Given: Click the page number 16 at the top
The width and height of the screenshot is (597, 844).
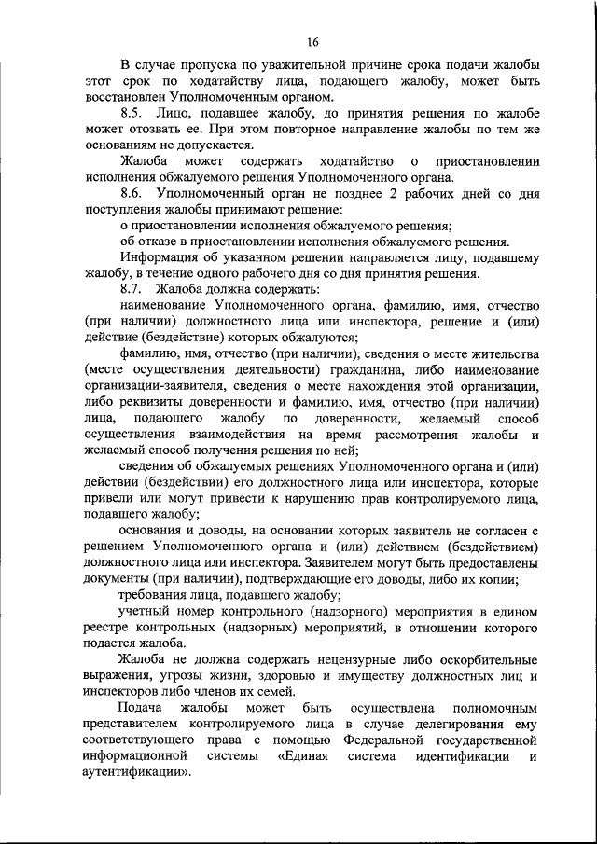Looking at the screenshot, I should click(312, 40).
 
